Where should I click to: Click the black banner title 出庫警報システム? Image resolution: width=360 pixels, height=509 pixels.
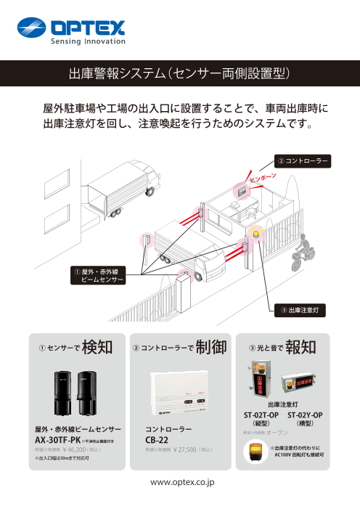pyautogui.click(x=179, y=73)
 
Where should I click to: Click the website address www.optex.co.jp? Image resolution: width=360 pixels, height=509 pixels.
pyautogui.click(x=179, y=481)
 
